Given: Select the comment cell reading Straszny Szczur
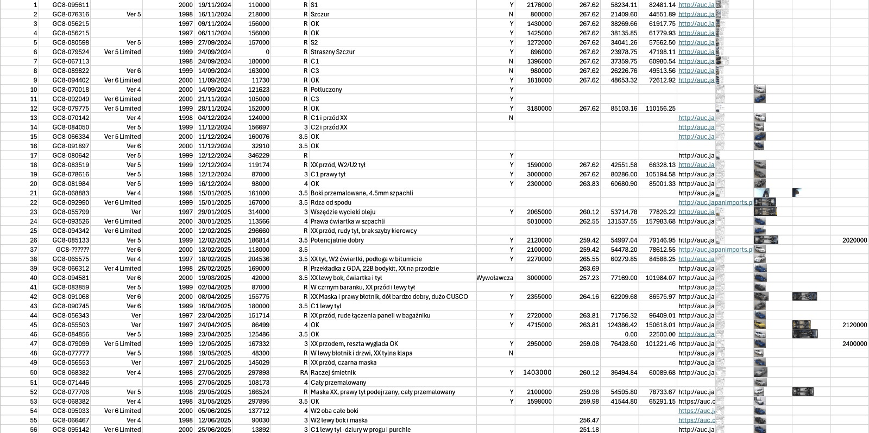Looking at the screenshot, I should point(332,52).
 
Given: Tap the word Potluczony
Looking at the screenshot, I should point(326,90).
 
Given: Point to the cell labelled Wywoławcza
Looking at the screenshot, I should point(495,278).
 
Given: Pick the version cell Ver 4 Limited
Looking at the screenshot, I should point(122,269).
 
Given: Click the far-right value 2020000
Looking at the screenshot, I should point(854,240).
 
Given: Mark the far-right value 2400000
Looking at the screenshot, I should point(854,344).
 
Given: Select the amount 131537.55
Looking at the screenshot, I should point(622,221).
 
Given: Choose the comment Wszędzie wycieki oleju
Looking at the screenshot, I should point(343,212).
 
